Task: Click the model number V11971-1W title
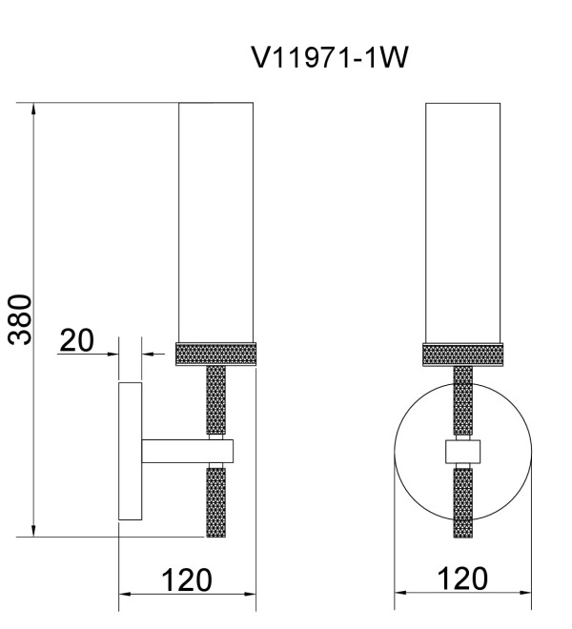330,57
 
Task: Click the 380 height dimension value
20,319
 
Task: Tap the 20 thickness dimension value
76,340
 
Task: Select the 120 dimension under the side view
187,580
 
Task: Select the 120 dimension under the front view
462,578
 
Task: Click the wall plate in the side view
130,452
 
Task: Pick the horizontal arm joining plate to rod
188,451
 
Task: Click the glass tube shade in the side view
216,223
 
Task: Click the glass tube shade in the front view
462,223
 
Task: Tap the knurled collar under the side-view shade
216,355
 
